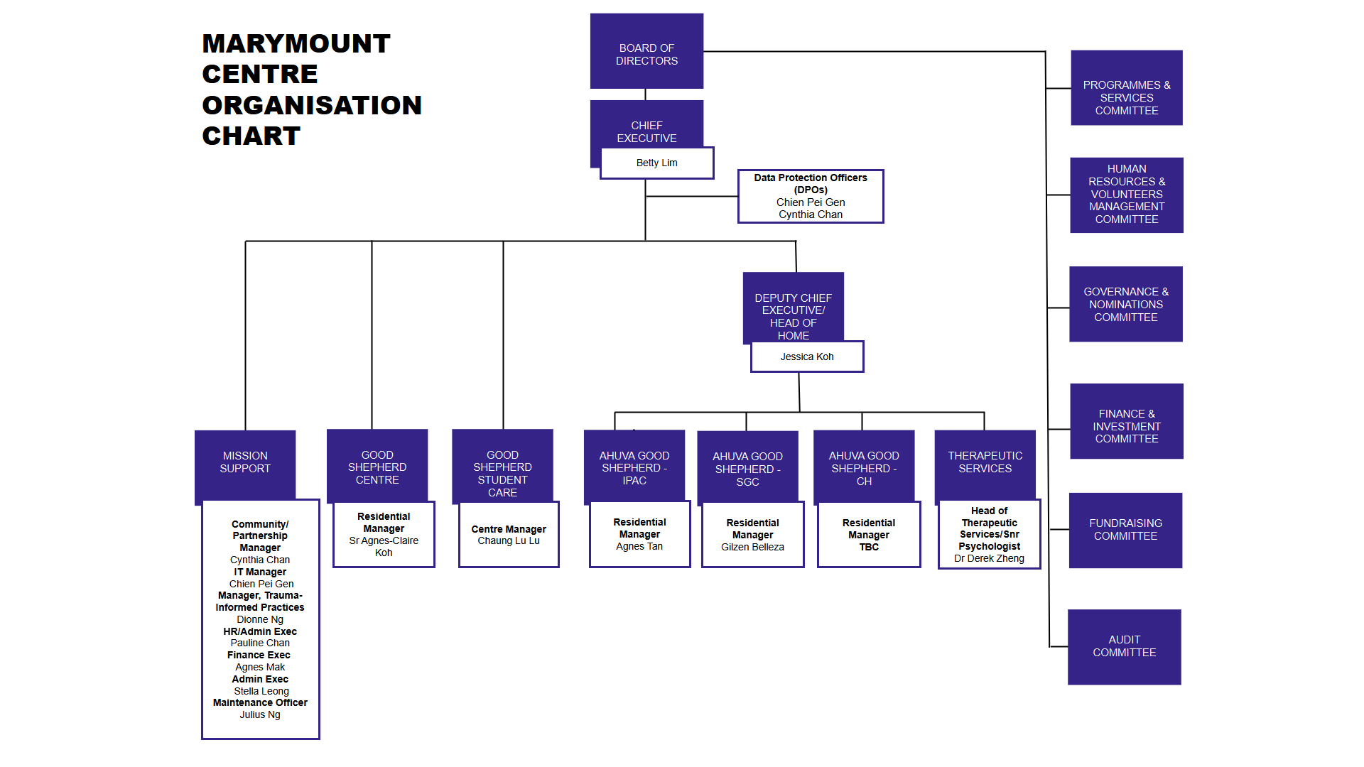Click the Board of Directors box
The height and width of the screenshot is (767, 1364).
click(646, 51)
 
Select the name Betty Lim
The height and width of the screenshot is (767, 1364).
click(656, 163)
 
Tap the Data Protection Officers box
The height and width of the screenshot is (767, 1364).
click(811, 196)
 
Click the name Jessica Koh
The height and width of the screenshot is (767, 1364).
click(807, 357)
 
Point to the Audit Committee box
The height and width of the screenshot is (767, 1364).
click(1124, 646)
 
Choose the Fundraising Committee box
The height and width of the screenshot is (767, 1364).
click(1125, 530)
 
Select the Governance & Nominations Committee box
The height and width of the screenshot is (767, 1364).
click(1126, 304)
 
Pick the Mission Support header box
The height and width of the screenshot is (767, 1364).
click(245, 462)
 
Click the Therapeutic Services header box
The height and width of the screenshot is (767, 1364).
click(985, 462)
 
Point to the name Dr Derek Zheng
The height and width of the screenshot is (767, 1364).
click(989, 559)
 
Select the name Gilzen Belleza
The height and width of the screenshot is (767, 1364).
click(752, 548)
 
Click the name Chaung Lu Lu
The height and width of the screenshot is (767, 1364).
click(509, 541)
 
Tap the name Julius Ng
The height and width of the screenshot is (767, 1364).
click(260, 715)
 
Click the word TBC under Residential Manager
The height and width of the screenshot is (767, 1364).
click(869, 548)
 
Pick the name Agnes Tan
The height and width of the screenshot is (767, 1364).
click(639, 547)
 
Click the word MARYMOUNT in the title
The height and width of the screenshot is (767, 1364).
click(296, 43)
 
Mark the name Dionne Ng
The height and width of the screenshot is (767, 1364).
click(260, 620)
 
